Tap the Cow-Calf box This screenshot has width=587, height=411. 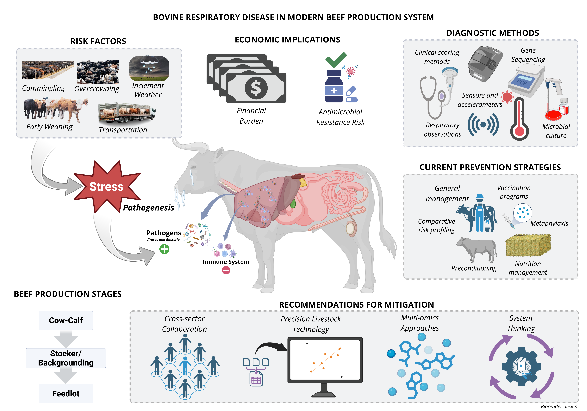click(x=66, y=320)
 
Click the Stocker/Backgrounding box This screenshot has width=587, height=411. click(x=66, y=358)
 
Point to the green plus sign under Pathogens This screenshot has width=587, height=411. click(x=164, y=249)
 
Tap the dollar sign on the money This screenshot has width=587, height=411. click(x=256, y=88)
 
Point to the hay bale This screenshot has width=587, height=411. click(x=528, y=246)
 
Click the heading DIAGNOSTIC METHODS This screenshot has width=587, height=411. click(x=492, y=33)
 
